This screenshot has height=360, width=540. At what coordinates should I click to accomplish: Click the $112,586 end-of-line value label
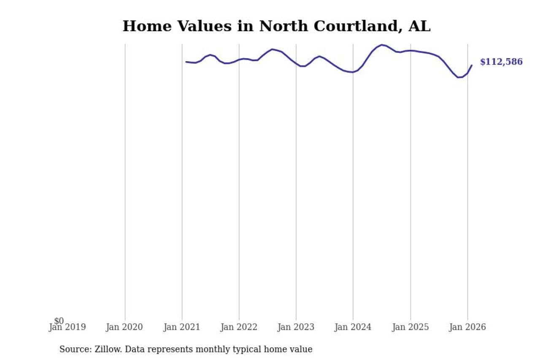point(501,62)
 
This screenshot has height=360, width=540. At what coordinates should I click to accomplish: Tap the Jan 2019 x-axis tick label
point(67,327)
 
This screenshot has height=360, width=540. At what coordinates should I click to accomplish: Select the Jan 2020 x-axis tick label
point(124,327)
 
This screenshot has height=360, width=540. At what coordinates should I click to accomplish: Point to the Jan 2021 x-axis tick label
point(182,327)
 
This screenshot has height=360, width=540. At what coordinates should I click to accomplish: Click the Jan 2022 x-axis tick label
point(239,327)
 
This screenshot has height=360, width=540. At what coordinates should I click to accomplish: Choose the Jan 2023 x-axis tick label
point(296,327)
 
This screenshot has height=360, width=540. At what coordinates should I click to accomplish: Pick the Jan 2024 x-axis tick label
point(353,327)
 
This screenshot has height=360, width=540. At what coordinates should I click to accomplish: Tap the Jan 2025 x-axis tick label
point(410,327)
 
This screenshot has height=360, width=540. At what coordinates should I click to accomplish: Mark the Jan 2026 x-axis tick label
point(467,327)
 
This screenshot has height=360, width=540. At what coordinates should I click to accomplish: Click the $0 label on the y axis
point(59,321)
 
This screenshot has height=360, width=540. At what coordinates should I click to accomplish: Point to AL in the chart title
point(420,26)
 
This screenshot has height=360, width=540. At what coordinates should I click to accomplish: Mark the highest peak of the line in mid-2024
point(382,45)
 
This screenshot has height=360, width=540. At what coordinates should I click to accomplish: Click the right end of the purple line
point(472,65)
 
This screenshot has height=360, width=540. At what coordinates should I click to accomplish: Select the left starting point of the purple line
point(186,62)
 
